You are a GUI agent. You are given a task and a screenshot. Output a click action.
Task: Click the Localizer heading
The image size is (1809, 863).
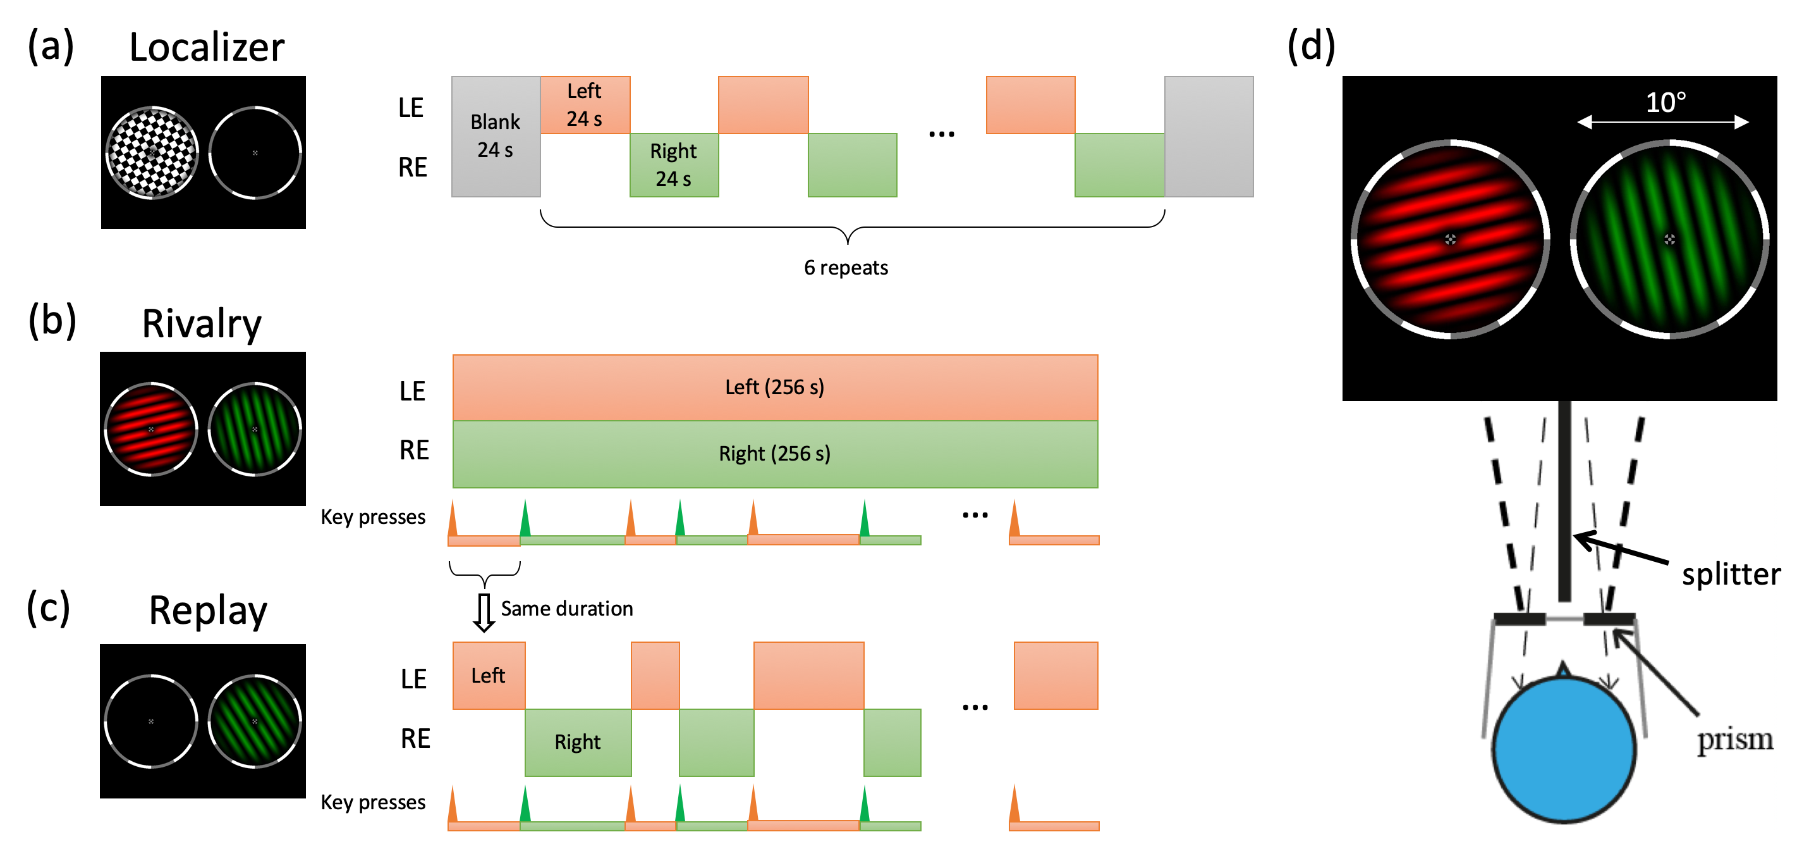[x=207, y=48]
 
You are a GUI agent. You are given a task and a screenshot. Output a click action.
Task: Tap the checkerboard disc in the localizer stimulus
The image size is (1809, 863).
[x=152, y=152]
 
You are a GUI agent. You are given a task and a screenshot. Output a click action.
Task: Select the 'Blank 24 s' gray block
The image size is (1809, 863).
[x=496, y=136]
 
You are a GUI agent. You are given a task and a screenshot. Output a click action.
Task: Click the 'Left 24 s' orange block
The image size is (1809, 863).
[x=585, y=105]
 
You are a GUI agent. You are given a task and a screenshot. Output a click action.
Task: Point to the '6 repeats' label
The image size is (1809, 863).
[x=846, y=268]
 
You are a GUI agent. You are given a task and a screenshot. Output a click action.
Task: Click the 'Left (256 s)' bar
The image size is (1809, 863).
[x=774, y=387]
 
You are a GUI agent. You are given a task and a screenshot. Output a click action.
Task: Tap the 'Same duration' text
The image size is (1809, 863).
[x=567, y=609]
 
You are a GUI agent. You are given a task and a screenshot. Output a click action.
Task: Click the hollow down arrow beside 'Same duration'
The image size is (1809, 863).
[x=483, y=612]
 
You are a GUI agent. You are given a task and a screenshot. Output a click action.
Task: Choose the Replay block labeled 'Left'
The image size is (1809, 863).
[x=489, y=675]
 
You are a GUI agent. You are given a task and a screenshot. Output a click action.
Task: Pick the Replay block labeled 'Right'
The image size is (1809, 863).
[x=577, y=742]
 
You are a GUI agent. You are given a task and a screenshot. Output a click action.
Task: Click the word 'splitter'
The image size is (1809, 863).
[x=1731, y=574]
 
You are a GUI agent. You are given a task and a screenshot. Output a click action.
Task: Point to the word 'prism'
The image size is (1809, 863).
[x=1734, y=740]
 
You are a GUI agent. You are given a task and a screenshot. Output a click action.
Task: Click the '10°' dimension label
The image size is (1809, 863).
[x=1665, y=102]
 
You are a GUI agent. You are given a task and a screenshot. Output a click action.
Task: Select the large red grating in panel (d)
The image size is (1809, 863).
[x=1450, y=239]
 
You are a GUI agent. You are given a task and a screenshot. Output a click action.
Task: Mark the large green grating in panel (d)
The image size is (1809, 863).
[x=1669, y=239]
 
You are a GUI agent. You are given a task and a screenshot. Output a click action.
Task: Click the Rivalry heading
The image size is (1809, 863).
[x=202, y=324]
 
